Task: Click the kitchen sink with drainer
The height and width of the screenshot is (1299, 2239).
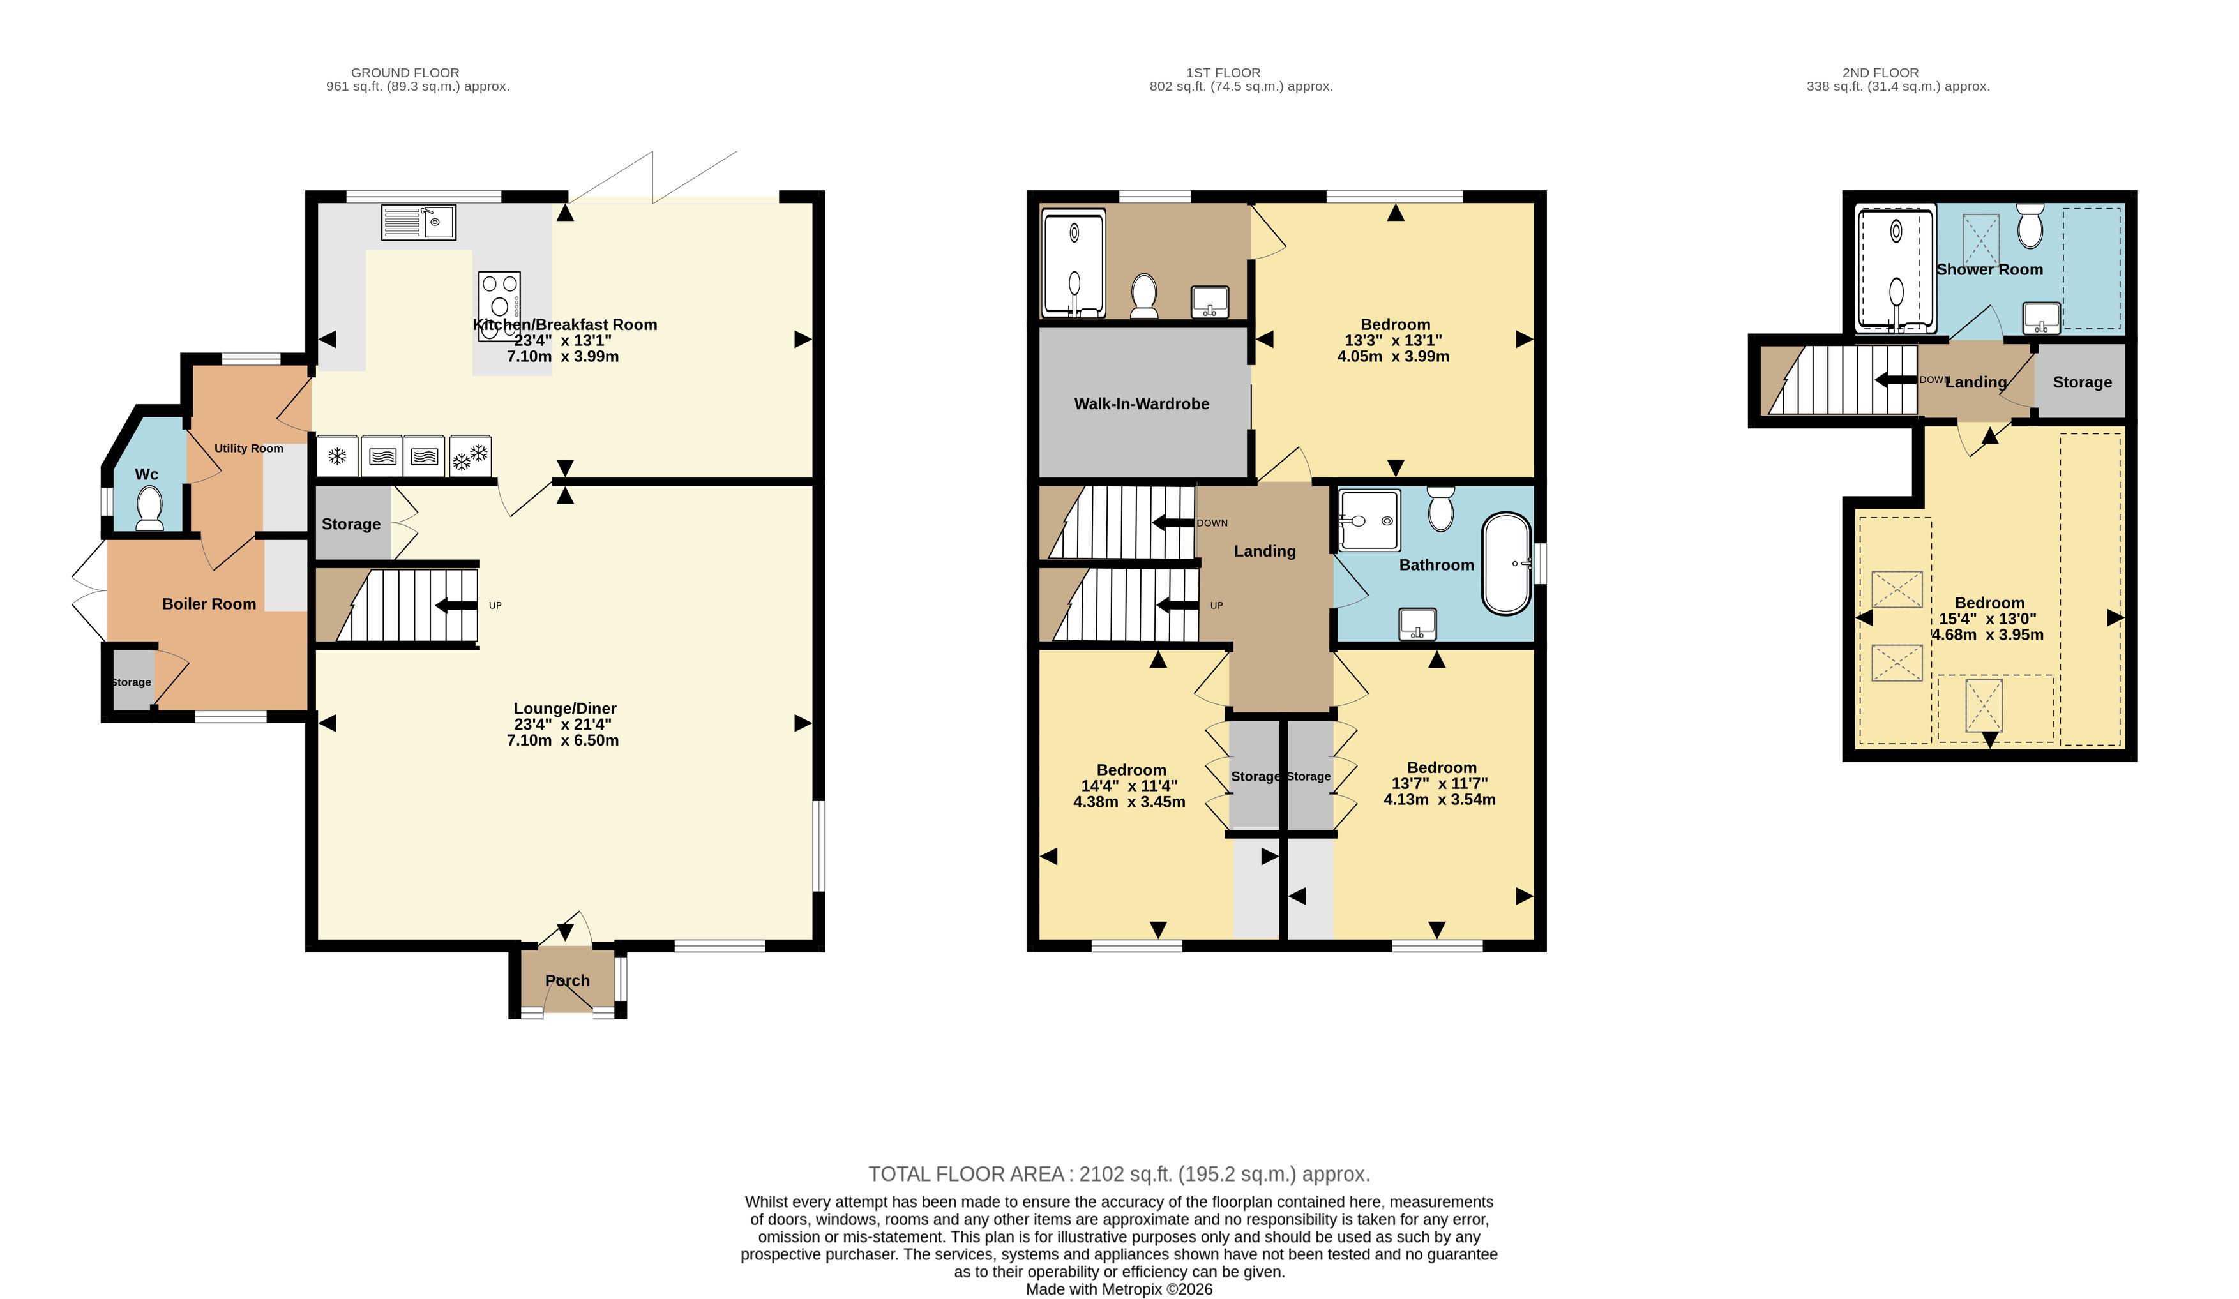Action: coord(418,222)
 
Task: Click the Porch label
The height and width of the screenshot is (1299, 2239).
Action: coord(567,980)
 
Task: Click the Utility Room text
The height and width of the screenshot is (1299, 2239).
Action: coord(249,449)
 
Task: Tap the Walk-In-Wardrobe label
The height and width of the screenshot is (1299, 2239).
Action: coord(1142,404)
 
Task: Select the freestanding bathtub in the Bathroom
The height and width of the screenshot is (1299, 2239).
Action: coord(1507,563)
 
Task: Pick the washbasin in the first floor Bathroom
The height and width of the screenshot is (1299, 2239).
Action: coord(1418,624)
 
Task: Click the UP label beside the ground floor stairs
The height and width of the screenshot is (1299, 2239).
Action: coord(495,606)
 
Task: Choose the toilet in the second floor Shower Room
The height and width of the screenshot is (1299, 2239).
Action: coord(2030,227)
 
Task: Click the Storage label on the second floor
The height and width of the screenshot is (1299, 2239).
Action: coord(2082,382)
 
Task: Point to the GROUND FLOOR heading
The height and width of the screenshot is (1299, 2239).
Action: coord(405,73)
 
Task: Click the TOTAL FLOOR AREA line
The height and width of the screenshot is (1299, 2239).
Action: coord(1119,1174)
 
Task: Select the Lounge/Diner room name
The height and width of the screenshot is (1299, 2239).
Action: coord(565,708)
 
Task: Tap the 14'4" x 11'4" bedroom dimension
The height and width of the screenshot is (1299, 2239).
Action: coord(1129,785)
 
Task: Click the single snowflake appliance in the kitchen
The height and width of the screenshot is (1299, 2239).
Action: coord(338,456)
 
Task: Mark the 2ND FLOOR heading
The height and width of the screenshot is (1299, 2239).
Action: coord(1880,73)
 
